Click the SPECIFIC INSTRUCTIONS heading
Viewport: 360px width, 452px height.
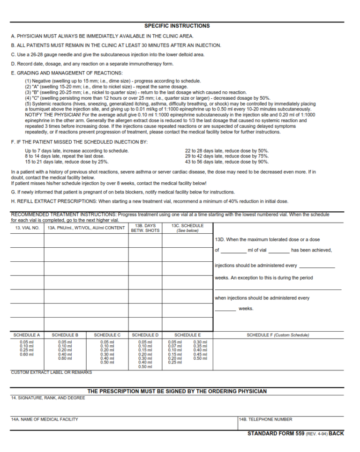pyautogui.click(x=177, y=26)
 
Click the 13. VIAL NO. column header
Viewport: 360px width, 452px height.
pyautogui.click(x=27, y=228)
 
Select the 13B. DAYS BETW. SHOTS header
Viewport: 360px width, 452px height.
pyautogui.click(x=145, y=228)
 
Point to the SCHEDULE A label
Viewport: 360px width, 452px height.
pyautogui.click(x=27, y=335)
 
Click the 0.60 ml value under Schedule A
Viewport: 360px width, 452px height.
pyautogui.click(x=27, y=355)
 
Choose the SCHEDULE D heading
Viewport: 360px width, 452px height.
pyautogui.click(x=145, y=335)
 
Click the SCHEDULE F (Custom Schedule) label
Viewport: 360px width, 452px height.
pyautogui.click(x=278, y=335)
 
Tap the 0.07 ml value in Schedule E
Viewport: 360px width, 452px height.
pyautogui.click(x=175, y=346)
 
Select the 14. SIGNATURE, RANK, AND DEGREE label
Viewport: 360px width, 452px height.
pyautogui.click(x=48, y=398)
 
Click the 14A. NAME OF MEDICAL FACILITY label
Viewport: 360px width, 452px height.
pyautogui.click(x=45, y=419)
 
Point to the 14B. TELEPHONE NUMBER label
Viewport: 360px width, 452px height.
pyautogui.click(x=265, y=419)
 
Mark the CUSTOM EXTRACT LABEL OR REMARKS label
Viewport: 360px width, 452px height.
pyautogui.click(x=52, y=372)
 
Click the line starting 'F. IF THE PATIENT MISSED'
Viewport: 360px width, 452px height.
pyautogui.click(x=79, y=141)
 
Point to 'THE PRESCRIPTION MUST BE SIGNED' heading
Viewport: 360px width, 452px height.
pyautogui.click(x=177, y=391)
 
